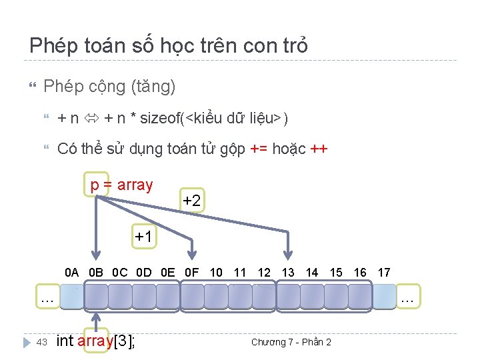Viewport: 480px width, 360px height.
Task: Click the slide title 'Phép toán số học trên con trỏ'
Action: [169, 45]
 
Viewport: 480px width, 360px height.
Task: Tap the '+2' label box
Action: [191, 200]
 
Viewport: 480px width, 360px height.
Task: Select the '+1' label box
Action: [143, 236]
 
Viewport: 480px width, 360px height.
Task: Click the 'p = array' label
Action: [121, 185]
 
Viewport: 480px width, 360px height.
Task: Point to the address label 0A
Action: [72, 272]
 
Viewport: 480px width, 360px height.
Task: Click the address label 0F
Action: [192, 272]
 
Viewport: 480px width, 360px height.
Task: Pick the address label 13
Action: [288, 272]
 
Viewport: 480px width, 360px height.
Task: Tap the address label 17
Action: [384, 272]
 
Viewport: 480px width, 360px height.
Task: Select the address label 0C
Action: [120, 272]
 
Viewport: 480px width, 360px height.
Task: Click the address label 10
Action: [216, 272]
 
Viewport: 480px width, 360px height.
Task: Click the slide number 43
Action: [41, 342]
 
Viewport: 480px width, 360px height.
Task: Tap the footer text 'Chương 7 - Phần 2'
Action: [291, 342]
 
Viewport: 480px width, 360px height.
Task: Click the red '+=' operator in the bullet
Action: [259, 149]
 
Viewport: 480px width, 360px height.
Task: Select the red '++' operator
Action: [319, 149]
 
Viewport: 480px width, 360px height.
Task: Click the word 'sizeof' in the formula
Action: [160, 119]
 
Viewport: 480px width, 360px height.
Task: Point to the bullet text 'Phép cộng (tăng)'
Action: [109, 86]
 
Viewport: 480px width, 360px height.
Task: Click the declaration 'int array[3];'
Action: [96, 341]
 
